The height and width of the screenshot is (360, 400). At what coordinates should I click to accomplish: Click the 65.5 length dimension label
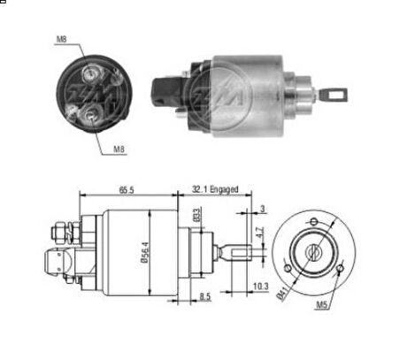point(127,190)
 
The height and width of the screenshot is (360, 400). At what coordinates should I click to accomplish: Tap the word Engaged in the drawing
point(224,189)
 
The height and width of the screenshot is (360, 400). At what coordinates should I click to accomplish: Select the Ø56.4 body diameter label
point(145,252)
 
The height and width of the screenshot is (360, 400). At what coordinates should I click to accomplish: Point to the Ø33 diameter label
point(196,214)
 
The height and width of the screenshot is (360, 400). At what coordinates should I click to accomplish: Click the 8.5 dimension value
point(205,296)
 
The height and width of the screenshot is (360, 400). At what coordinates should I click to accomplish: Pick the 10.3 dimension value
point(261,287)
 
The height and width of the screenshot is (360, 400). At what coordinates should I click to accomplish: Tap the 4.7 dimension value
point(259,233)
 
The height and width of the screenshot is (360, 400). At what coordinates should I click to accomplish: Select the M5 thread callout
point(321,305)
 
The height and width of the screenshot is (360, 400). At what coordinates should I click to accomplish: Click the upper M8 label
point(61,39)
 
